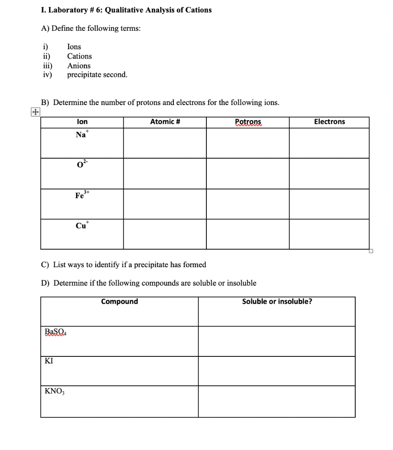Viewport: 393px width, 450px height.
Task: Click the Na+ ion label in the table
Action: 82,134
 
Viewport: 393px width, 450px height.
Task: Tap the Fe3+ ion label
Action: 82,196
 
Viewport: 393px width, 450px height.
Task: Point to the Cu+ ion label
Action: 82,225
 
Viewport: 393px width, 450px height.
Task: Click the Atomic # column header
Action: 165,122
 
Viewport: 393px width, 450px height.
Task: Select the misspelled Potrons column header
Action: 248,122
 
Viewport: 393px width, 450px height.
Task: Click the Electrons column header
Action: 329,122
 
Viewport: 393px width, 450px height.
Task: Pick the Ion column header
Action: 82,122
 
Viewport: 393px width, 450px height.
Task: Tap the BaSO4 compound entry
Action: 55,332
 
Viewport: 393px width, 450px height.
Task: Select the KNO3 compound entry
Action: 54,391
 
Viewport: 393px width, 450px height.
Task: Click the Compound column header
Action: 119,301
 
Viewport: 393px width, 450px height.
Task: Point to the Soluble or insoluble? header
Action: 277,301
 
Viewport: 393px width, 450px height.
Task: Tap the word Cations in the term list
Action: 79,56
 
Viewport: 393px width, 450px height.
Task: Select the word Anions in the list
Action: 79,65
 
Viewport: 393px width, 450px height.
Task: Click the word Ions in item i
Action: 74,47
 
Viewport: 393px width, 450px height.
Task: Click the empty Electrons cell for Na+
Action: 329,143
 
